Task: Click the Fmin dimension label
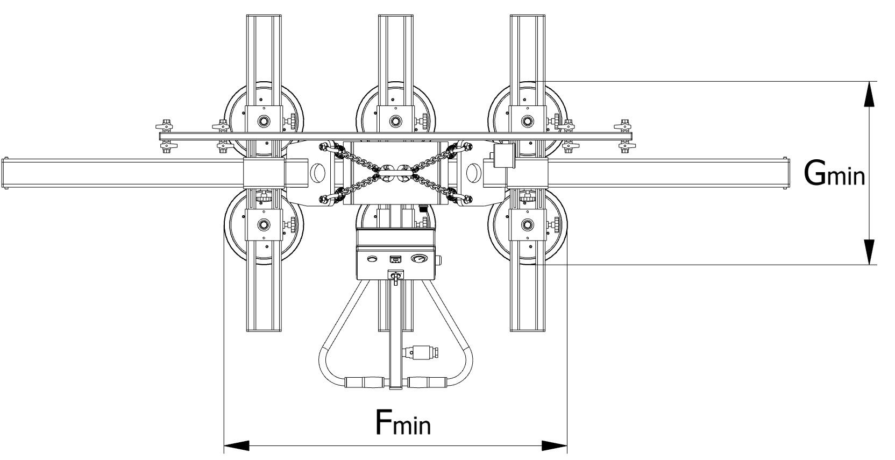(x=402, y=422)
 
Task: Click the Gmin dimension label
(x=834, y=173)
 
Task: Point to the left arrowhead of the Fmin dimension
(x=237, y=445)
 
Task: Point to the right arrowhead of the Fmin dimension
(x=554, y=445)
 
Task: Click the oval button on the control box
(x=372, y=259)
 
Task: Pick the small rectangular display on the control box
(x=396, y=259)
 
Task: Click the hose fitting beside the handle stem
(x=423, y=353)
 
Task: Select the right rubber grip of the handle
(x=427, y=383)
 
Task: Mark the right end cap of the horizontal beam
(x=786, y=173)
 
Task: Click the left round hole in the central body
(x=317, y=173)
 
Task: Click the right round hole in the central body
(x=473, y=173)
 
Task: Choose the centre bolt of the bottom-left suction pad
(x=264, y=224)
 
